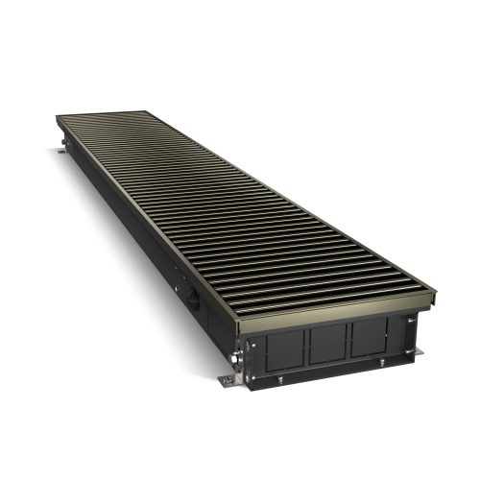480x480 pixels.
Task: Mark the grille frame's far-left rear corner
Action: pyautogui.click(x=55, y=118)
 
